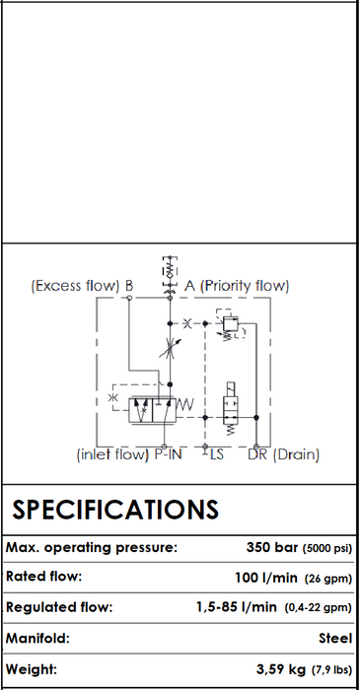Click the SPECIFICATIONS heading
coord(114,510)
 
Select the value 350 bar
coord(272,548)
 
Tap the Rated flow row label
coord(44,576)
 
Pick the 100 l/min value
coord(266,578)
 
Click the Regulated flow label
coord(59,607)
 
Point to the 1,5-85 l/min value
coord(237,608)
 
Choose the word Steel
coord(335,638)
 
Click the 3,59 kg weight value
coord(281,669)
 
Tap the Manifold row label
coord(37,638)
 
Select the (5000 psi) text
coord(327,549)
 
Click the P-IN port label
coord(168,454)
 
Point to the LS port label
coord(217,454)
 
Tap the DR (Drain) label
coord(283,454)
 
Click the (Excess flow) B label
coord(82,286)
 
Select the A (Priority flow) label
coord(237,286)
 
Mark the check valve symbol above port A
coord(170,270)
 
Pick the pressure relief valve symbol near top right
coord(230,324)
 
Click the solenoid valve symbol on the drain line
coord(231,409)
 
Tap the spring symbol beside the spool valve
coord(185,404)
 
